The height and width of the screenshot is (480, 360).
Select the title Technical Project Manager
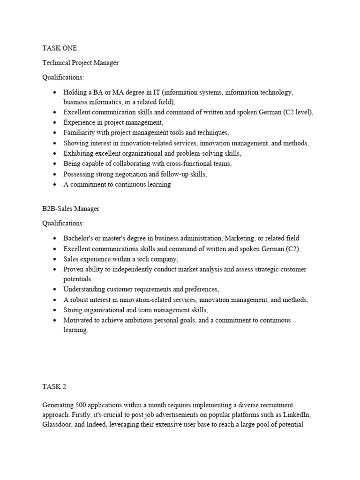click(81, 62)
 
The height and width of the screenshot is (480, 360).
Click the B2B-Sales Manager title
click(71, 209)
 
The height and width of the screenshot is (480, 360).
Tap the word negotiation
click(133, 174)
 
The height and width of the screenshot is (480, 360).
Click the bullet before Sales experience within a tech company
click(55, 259)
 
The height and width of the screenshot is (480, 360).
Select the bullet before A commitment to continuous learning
click(55, 185)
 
